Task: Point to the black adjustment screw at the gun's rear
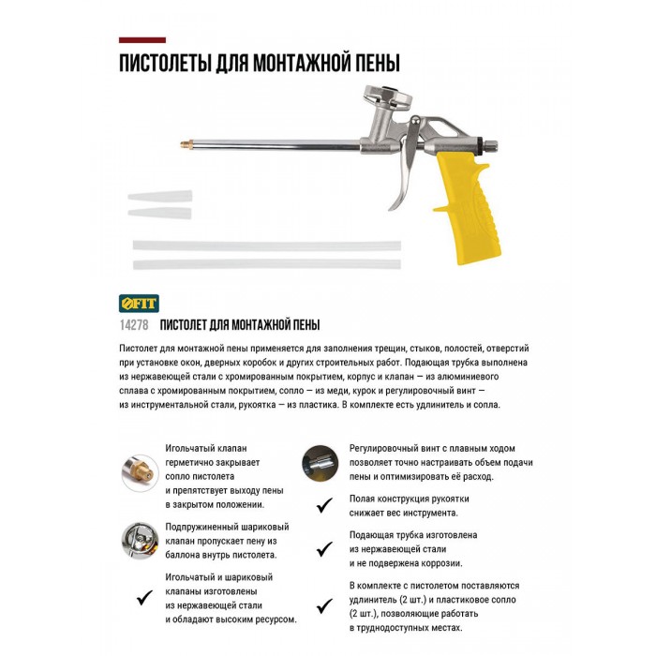pyautogui.click(x=489, y=145)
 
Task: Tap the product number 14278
pyautogui.click(x=134, y=324)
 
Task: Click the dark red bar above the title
pyautogui.click(x=142, y=40)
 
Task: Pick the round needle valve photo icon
pyautogui.click(x=139, y=467)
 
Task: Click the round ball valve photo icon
pyautogui.click(x=139, y=540)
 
